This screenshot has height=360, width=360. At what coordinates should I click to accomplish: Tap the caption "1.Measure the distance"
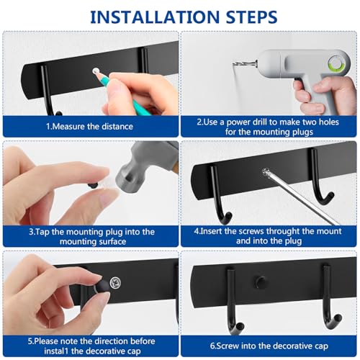[89, 126]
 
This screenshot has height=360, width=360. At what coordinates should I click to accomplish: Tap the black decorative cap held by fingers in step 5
[102, 287]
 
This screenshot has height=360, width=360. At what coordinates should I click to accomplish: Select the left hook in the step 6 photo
[233, 302]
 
